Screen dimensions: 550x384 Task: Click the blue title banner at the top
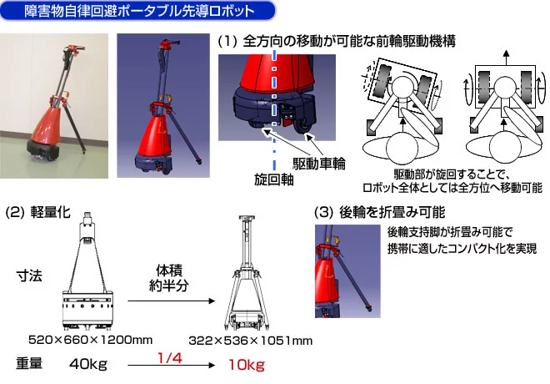(137, 11)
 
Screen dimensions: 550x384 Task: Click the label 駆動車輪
(319, 164)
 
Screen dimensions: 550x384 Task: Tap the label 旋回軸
(273, 179)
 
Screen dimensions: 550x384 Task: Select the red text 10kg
(247, 365)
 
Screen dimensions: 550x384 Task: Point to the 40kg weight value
(88, 364)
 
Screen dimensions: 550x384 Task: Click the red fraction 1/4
(170, 358)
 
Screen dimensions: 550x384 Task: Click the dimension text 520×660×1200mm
(91, 340)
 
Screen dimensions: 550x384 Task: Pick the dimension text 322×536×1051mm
(251, 341)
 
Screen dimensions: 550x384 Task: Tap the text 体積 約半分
(169, 278)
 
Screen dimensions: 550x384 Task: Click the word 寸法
(29, 276)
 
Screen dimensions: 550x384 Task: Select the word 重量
(29, 363)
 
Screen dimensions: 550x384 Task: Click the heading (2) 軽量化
(37, 212)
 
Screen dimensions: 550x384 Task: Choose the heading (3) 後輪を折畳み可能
(380, 212)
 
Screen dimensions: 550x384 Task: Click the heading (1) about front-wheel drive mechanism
(337, 41)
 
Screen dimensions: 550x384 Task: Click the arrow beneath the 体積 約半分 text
(171, 301)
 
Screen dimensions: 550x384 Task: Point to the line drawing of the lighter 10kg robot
(247, 273)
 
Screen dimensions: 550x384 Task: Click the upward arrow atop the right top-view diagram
(506, 58)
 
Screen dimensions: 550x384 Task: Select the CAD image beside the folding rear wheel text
(347, 271)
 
